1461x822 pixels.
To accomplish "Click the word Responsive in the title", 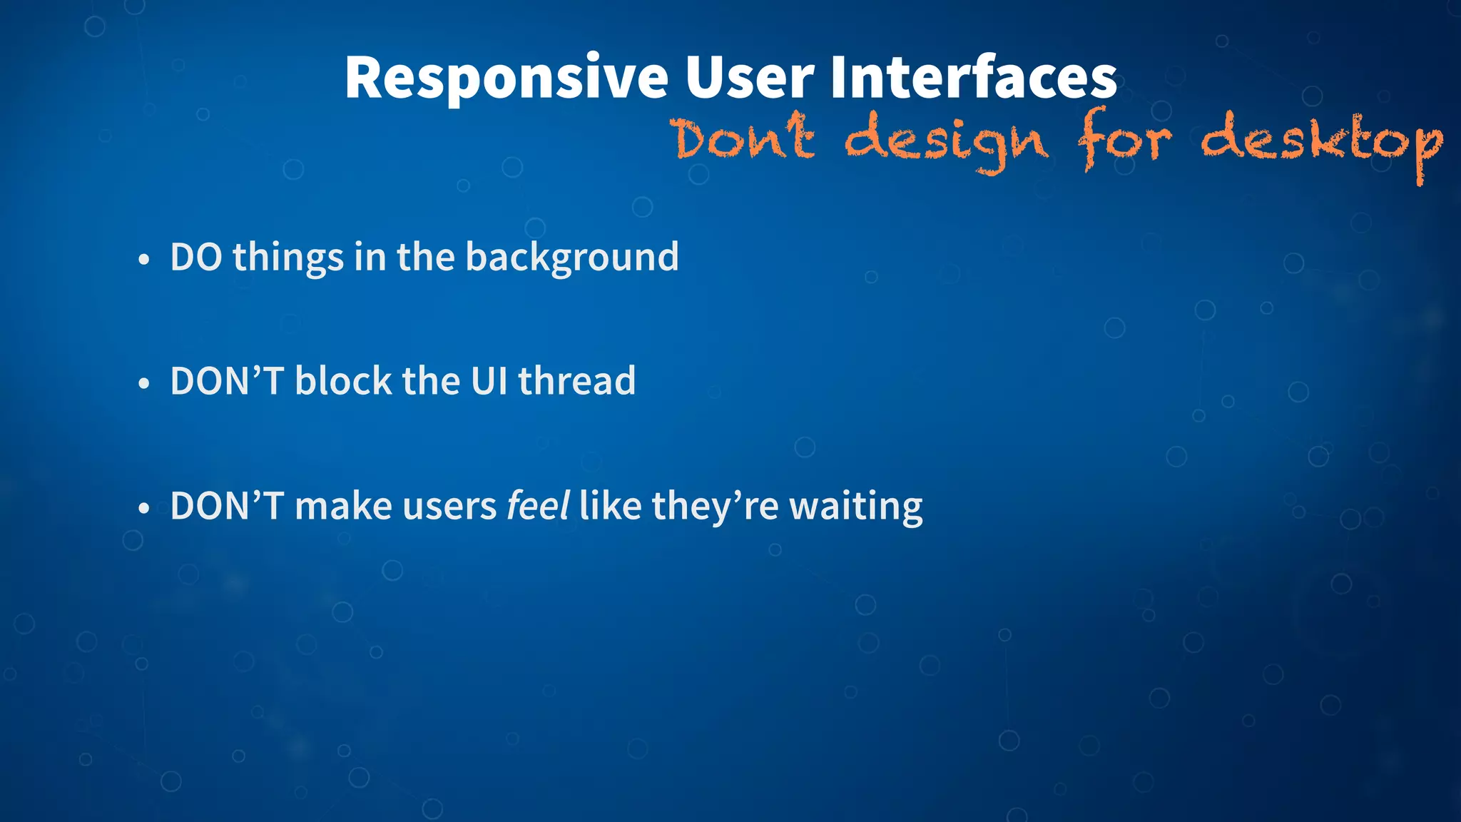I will point(506,78).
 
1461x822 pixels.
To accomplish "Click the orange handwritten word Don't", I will point(744,138).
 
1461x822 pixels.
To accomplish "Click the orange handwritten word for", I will point(1124,140).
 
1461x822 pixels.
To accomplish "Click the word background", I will point(571,258).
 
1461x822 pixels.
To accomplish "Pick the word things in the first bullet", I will point(288,258).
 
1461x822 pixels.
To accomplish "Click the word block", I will point(343,380).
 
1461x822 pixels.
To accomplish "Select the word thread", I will point(576,381).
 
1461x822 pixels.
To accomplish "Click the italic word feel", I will point(537,506).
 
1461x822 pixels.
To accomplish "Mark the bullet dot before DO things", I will point(144,260).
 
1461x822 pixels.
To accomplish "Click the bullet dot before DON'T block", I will point(144,384).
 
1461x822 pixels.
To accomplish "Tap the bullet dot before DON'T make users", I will point(144,509).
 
